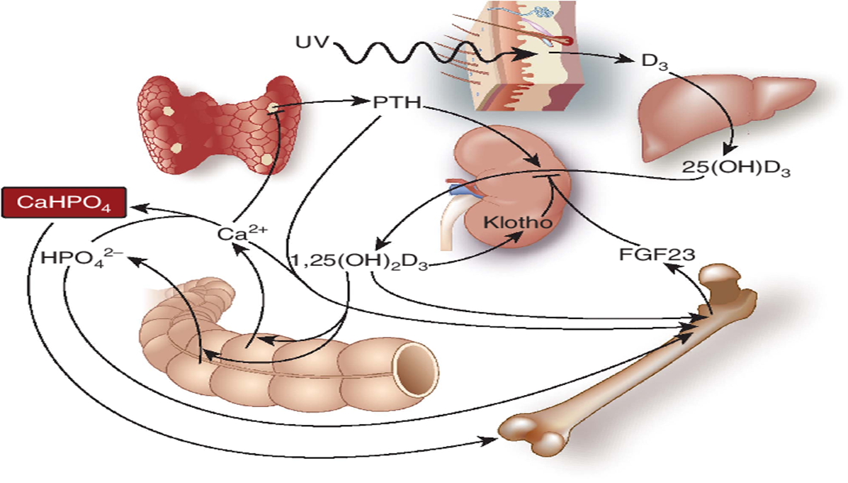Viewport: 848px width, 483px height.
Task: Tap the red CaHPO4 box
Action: point(64,204)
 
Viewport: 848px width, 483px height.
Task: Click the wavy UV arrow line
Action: point(425,54)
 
